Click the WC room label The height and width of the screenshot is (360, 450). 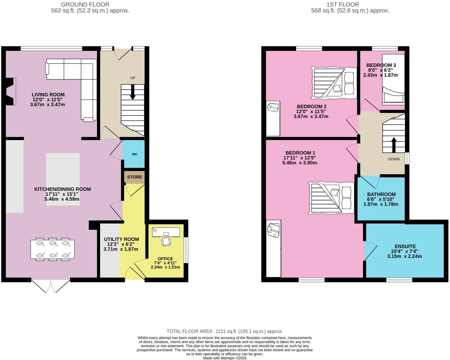[x=134, y=154]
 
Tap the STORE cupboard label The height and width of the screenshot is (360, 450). [x=135, y=177]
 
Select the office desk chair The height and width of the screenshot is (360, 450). [x=166, y=241]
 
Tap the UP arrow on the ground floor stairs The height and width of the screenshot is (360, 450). [x=133, y=93]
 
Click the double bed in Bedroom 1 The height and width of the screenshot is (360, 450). [x=331, y=198]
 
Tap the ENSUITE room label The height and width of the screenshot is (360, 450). [x=405, y=246]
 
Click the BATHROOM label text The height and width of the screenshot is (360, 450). [x=381, y=194]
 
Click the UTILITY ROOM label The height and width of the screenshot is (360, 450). [x=121, y=239]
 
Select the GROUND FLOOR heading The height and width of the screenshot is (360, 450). [x=85, y=5]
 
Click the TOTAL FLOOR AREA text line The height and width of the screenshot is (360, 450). [x=225, y=331]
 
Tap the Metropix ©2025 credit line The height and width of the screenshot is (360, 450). [x=225, y=358]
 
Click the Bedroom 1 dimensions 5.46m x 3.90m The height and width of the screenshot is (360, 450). [x=300, y=163]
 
